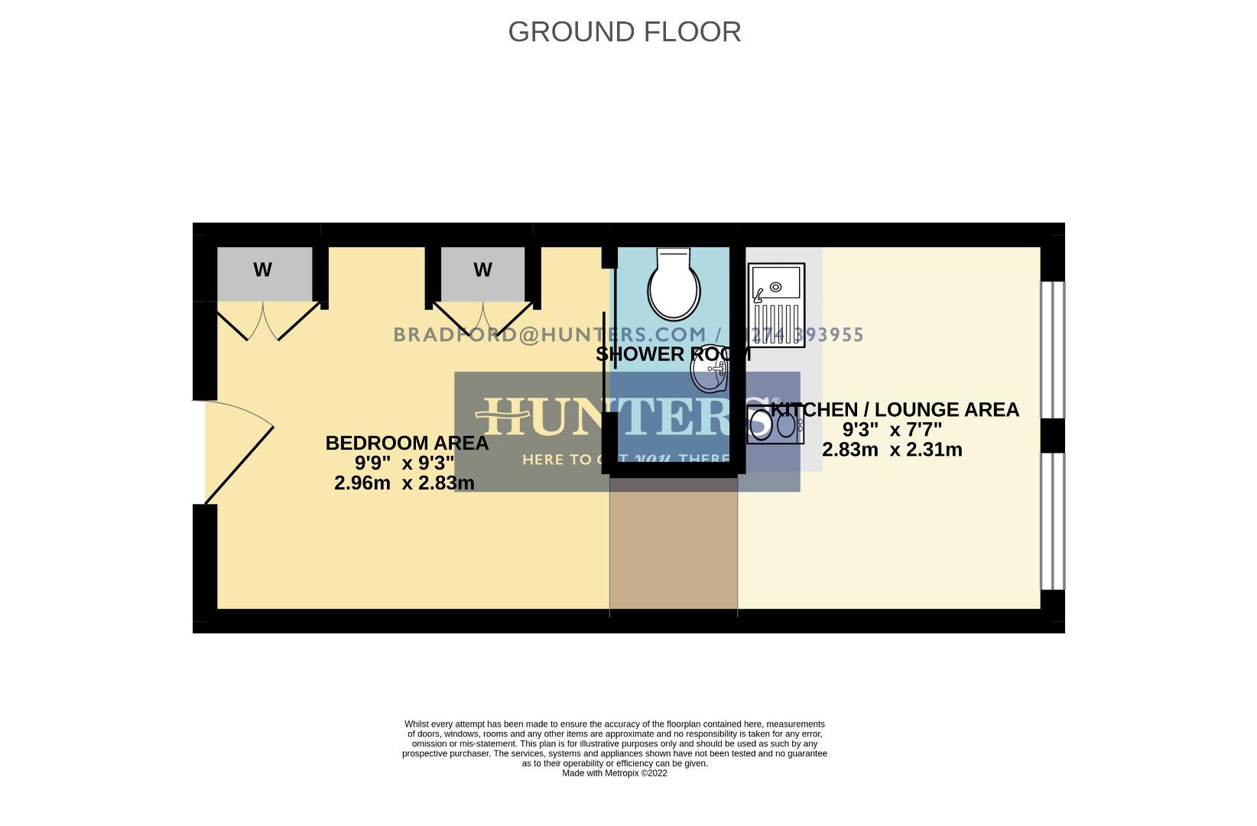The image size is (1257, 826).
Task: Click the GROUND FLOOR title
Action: click(624, 32)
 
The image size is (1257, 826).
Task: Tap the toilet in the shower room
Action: click(674, 287)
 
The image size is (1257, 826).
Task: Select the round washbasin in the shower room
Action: click(709, 374)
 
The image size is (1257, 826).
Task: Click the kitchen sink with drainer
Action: click(777, 304)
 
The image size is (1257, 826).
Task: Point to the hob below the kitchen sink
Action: click(775, 424)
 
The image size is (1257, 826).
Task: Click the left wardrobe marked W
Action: click(264, 273)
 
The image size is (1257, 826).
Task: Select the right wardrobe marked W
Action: click(482, 273)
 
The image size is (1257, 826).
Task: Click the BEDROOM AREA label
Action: click(407, 443)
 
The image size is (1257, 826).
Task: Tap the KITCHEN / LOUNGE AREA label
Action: click(895, 410)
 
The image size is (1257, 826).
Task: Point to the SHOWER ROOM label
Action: click(673, 354)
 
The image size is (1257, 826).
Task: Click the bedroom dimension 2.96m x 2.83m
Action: click(404, 483)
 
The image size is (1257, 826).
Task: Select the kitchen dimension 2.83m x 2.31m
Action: click(892, 450)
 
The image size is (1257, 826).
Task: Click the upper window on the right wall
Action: click(1053, 350)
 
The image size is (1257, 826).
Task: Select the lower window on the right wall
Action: click(1053, 521)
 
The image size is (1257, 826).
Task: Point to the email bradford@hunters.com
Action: click(550, 334)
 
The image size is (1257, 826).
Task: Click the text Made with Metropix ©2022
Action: click(615, 773)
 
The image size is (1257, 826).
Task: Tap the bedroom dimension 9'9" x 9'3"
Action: click(404, 463)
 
